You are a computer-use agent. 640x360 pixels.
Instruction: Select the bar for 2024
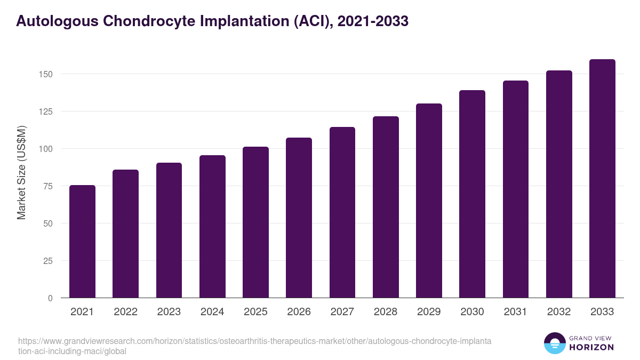coord(212,227)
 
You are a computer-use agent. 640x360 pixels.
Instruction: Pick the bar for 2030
coord(472,194)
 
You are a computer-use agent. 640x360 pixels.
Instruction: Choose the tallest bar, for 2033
coord(602,179)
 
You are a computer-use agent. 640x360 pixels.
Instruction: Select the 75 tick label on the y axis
coord(48,186)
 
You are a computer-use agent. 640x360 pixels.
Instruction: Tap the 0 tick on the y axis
coord(50,298)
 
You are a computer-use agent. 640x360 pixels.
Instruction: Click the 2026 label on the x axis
coord(299,312)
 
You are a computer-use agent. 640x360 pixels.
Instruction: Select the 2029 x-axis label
coord(429,312)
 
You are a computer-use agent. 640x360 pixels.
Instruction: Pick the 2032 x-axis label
coord(559,312)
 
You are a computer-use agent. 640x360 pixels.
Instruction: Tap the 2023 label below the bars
coord(169,312)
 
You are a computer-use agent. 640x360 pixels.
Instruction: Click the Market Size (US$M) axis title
coord(21,172)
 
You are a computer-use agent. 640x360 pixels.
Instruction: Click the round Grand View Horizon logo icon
coord(554,343)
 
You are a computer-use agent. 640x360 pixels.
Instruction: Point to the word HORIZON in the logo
coord(591,347)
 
